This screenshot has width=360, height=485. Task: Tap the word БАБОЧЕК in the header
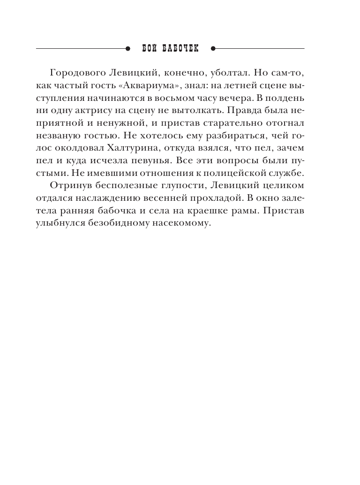pyautogui.click(x=180, y=48)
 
